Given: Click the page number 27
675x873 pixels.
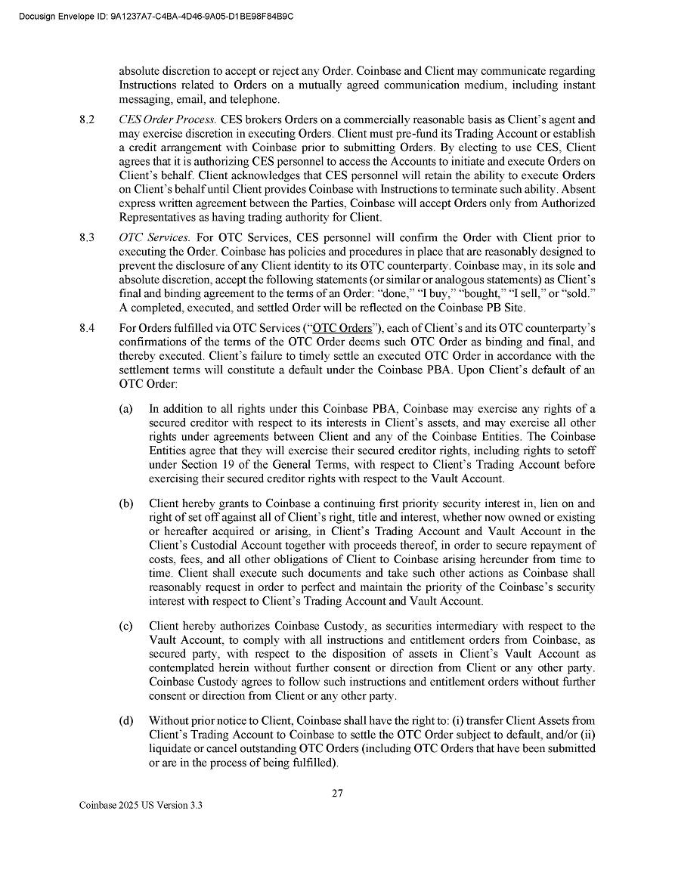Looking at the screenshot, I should tap(337, 794).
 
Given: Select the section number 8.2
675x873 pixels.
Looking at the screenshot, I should tap(87, 119).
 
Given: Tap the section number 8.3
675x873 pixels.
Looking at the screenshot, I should tap(87, 238).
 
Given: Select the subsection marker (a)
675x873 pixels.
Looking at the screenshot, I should tap(125, 409).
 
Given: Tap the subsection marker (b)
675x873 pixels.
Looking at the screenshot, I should tap(125, 503).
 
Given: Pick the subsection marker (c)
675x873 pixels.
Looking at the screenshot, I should tap(125, 626).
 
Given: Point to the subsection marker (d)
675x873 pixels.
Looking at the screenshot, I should tap(125, 720).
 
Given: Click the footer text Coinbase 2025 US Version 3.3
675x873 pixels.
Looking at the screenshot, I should tap(141, 806).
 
